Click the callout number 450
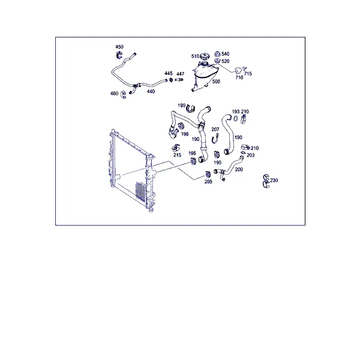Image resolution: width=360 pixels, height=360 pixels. pyautogui.click(x=119, y=47)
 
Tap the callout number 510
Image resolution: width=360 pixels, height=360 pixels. pyautogui.click(x=195, y=56)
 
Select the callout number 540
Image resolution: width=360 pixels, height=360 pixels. pyautogui.click(x=226, y=54)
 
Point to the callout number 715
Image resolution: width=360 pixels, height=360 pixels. pyautogui.click(x=248, y=74)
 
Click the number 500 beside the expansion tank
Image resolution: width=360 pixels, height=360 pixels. pyautogui.click(x=216, y=82)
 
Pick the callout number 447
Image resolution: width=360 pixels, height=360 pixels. pyautogui.click(x=180, y=74)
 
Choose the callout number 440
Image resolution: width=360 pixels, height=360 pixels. pyautogui.click(x=151, y=91)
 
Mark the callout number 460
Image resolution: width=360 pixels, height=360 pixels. pyautogui.click(x=114, y=93)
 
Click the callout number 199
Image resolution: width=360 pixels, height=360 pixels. pyautogui.click(x=182, y=106)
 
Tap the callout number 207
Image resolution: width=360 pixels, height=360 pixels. pyautogui.click(x=215, y=130)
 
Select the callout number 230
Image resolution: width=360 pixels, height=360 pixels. pyautogui.click(x=274, y=180)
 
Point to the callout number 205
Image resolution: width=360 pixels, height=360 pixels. pyautogui.click(x=208, y=182)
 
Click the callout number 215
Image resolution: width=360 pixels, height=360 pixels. pyautogui.click(x=177, y=155)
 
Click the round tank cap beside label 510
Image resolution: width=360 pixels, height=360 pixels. pyautogui.click(x=205, y=56)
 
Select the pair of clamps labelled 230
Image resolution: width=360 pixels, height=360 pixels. pyautogui.click(x=266, y=181)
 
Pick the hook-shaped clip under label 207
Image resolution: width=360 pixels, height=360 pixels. pyautogui.click(x=215, y=139)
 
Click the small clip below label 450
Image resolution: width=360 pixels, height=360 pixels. pyautogui.click(x=119, y=55)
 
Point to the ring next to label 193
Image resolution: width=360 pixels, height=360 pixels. pyautogui.click(x=236, y=118)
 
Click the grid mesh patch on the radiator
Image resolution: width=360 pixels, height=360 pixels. pyautogui.click(x=140, y=191)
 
